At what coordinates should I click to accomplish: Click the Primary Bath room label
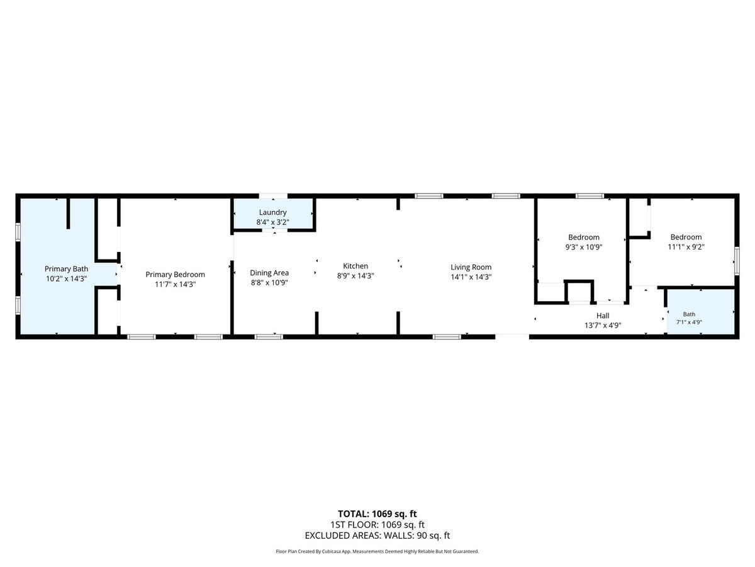(x=67, y=269)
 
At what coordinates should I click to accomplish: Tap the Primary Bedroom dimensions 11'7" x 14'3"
(x=176, y=284)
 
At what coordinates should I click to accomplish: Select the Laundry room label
(x=273, y=212)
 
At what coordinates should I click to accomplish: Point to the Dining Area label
(x=269, y=273)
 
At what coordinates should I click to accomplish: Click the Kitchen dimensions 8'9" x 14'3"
(x=355, y=276)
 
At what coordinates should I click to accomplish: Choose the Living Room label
(x=471, y=267)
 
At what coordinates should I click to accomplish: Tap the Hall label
(x=603, y=316)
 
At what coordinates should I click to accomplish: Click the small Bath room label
(x=689, y=314)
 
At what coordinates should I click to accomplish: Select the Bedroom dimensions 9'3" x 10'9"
(x=584, y=247)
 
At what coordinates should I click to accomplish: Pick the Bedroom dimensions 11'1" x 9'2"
(x=686, y=247)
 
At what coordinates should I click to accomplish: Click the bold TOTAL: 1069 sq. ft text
(x=377, y=514)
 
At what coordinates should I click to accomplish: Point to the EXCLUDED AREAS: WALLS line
(x=377, y=535)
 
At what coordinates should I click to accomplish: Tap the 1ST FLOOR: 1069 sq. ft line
(x=377, y=525)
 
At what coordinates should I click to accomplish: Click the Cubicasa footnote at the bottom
(x=377, y=551)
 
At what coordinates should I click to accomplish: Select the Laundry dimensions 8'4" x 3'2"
(x=273, y=222)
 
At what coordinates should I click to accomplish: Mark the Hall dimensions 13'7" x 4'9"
(x=603, y=325)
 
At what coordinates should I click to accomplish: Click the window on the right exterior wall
(x=737, y=261)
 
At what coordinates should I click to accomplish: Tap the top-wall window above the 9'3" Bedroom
(x=590, y=196)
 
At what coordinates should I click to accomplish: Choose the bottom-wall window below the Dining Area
(x=269, y=336)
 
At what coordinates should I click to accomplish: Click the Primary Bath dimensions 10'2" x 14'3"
(x=67, y=279)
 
